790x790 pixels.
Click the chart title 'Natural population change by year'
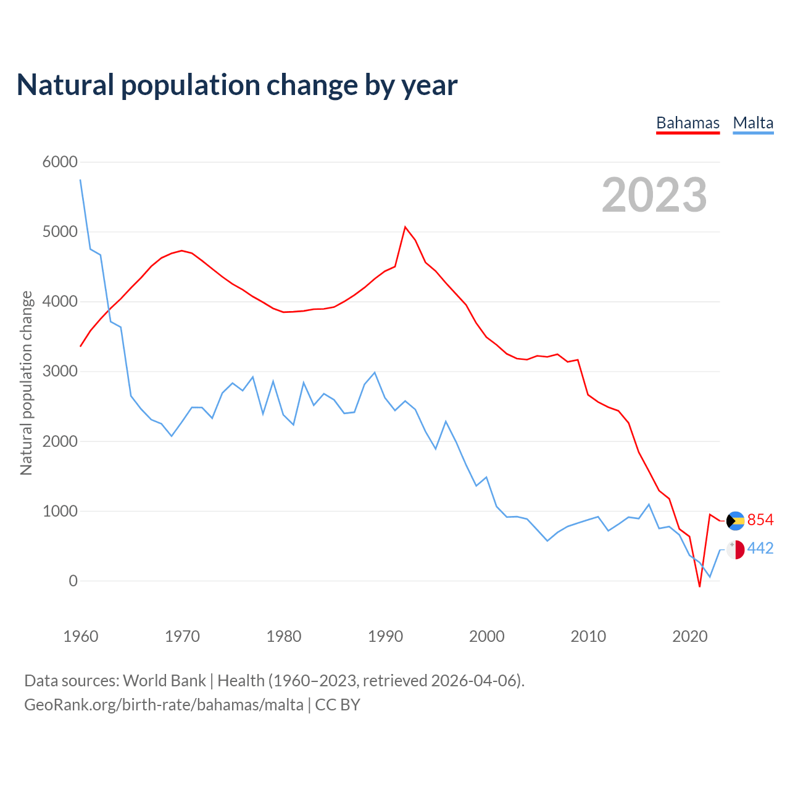coord(237,85)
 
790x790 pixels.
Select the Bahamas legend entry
coord(688,123)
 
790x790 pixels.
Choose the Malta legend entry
coord(753,123)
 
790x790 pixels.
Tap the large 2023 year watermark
coord(654,194)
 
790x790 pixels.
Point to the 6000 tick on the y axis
coord(60,162)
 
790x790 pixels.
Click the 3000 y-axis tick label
coord(60,371)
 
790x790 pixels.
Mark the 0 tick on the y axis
coord(73,581)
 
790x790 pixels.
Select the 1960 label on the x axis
coord(81,636)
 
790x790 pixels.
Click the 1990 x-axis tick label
coord(385,636)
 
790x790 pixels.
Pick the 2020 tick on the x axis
coord(689,636)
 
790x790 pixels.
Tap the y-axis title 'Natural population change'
coord(26,383)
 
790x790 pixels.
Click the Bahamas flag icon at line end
coord(735,521)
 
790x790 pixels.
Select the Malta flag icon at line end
coord(735,549)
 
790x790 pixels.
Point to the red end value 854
coord(760,520)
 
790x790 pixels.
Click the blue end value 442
coord(760,549)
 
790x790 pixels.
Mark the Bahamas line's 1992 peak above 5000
coord(405,227)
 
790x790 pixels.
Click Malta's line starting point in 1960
coord(81,180)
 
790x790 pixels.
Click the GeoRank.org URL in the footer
coord(164,705)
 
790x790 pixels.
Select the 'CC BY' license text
coord(338,705)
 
